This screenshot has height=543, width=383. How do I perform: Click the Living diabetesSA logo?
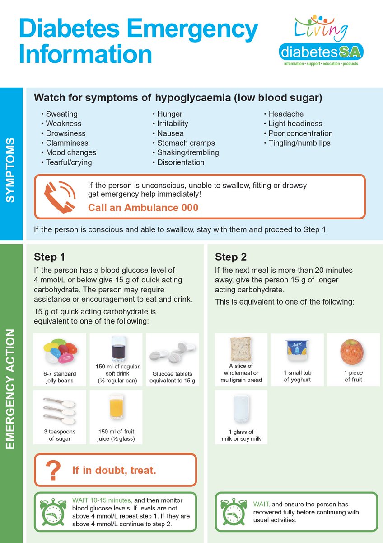click(321, 41)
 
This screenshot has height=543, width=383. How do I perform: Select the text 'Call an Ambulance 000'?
click(143, 208)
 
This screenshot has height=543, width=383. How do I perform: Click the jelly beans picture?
click(60, 352)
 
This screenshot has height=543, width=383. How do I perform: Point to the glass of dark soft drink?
click(116, 349)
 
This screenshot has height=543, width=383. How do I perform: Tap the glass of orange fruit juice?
click(116, 406)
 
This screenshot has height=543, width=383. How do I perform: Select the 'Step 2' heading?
click(231, 257)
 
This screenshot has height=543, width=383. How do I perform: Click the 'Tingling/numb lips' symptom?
click(299, 143)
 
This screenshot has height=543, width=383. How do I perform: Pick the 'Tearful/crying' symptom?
click(69, 162)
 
